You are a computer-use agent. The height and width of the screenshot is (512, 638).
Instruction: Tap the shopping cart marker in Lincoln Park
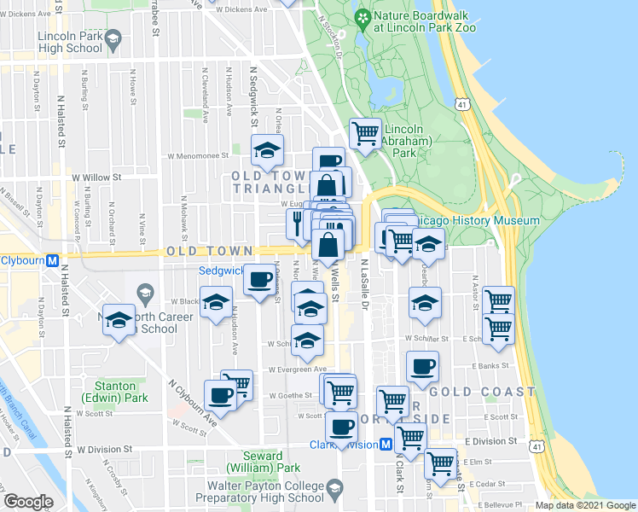(x=366, y=135)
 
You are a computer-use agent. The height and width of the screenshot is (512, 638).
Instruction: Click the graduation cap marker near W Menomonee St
(x=268, y=150)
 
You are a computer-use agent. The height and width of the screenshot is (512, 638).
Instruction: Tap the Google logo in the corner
(x=28, y=502)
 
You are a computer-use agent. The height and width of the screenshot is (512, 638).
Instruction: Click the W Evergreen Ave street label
(x=297, y=370)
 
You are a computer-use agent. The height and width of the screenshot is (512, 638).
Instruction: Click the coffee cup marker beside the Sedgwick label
(x=260, y=279)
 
